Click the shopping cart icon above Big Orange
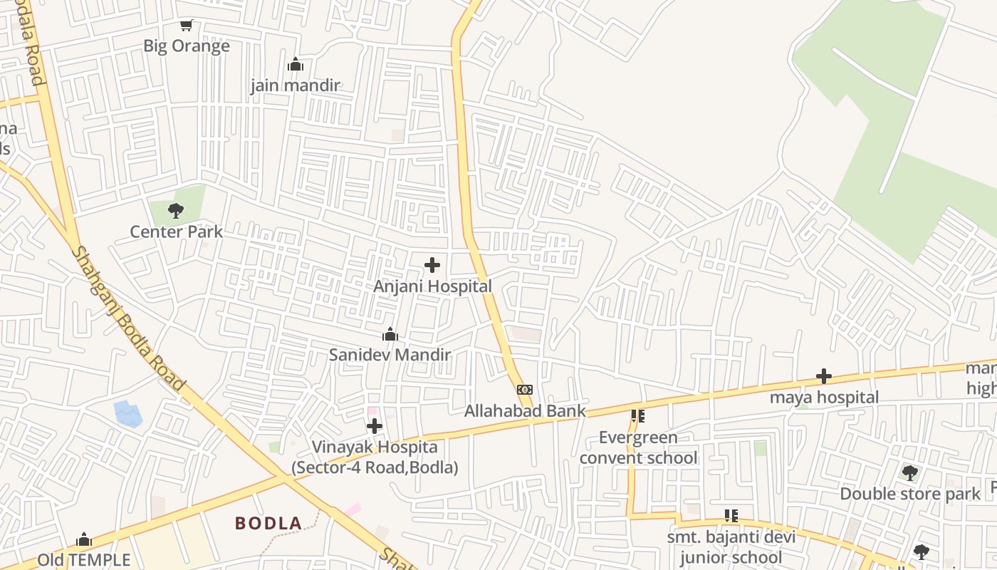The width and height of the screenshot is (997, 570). (187, 26)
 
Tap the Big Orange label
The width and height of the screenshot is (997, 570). (187, 46)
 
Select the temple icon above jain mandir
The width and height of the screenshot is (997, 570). (296, 65)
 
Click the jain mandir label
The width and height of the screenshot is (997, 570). (296, 85)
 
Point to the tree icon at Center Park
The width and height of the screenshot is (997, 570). (176, 211)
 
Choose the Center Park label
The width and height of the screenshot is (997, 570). (176, 232)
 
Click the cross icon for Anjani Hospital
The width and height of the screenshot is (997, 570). (432, 266)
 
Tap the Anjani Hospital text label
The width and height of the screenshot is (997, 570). (432, 286)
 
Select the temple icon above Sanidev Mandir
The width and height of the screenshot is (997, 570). (390, 334)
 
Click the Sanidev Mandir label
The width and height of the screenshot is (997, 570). (390, 355)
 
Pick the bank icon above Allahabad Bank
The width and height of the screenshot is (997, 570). (525, 390)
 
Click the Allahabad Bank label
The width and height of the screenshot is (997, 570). (525, 411)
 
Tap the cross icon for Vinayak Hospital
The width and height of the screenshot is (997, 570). (375, 427)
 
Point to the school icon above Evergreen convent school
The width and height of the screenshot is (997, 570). (638, 416)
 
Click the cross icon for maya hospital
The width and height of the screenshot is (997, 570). (824, 376)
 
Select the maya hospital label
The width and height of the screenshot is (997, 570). (824, 398)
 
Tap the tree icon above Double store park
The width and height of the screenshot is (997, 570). (909, 473)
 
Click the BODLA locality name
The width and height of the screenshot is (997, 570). (268, 524)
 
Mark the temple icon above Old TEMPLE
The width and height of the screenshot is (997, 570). (84, 539)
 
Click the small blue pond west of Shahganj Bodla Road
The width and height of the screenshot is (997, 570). (127, 414)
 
